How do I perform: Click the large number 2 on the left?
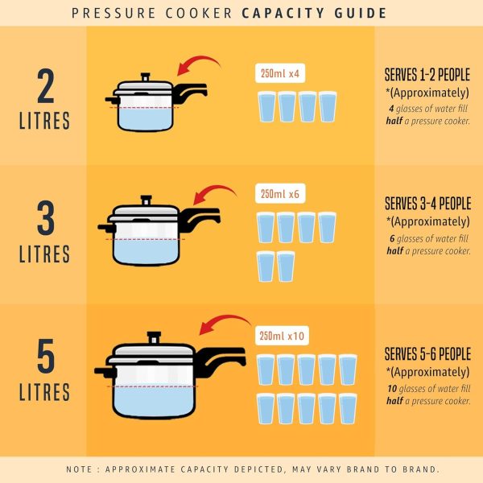click(x=44, y=87)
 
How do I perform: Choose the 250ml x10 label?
click(x=283, y=336)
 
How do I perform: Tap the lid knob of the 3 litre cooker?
click(x=147, y=199)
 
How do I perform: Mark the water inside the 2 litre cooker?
click(x=145, y=118)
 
